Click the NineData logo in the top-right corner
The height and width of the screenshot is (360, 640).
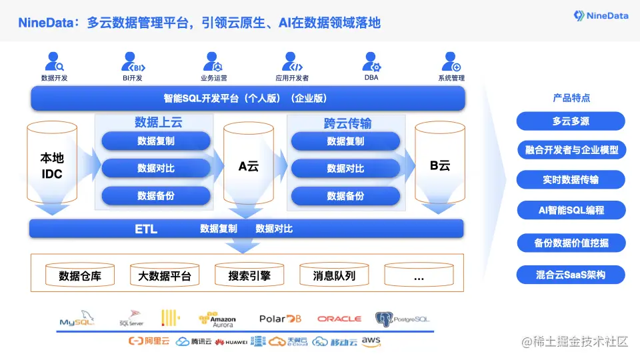click(601, 15)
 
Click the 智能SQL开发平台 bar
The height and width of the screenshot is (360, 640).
click(247, 99)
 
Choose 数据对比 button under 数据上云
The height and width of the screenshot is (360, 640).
click(156, 169)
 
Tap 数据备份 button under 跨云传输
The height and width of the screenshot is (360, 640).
click(345, 196)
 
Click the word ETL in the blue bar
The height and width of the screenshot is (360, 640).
click(146, 229)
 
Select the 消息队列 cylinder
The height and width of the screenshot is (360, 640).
click(334, 275)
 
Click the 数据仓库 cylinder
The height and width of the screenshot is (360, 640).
click(80, 275)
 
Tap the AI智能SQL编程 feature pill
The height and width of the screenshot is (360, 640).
click(571, 210)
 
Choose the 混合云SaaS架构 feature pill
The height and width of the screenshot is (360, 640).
click(571, 274)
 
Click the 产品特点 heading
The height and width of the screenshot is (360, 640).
click(571, 98)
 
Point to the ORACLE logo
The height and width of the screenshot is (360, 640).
click(339, 319)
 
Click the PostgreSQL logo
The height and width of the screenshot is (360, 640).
click(402, 319)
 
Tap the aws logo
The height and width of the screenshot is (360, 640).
click(371, 341)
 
